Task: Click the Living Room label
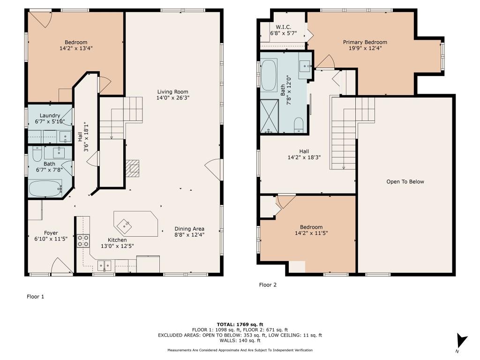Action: pos(172,92)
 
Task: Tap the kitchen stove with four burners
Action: pos(83,240)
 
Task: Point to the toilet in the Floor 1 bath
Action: pos(37,154)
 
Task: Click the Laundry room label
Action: pos(50,115)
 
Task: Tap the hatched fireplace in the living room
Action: pos(132,168)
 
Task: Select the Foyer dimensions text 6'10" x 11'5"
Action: pos(51,239)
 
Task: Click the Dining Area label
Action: pos(189,229)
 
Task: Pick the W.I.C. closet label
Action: pos(283,27)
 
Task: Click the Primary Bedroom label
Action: pos(365,42)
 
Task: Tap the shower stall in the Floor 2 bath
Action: pos(269,116)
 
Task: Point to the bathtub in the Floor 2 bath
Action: pos(269,75)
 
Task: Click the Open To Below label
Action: pos(405,181)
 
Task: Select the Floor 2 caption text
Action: pos(268,285)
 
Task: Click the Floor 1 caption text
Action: pos(35,296)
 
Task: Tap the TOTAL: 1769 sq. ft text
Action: pos(240,324)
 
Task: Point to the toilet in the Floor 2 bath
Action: pos(299,125)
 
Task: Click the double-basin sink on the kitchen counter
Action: pos(105,265)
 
